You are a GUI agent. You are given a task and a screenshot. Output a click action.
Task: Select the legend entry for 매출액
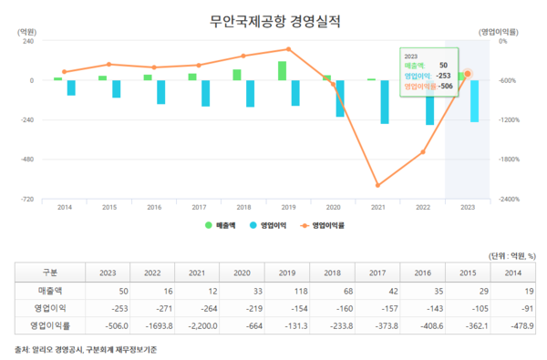(x=222, y=224)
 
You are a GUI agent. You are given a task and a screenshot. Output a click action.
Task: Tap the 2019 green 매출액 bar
(x=282, y=71)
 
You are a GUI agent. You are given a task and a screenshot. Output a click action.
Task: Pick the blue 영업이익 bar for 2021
(x=384, y=101)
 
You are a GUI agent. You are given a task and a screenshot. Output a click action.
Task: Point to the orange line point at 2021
(x=377, y=185)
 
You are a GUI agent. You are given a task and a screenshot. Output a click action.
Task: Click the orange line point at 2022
(x=422, y=152)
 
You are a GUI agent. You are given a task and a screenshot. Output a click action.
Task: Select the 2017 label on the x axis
(x=199, y=208)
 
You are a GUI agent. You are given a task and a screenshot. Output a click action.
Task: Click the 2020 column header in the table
(x=242, y=272)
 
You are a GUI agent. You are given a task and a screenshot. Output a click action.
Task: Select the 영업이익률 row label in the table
(x=51, y=324)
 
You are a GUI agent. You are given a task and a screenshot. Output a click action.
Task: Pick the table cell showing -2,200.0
(x=197, y=324)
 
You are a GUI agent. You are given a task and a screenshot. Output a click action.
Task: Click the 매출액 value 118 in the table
(x=286, y=289)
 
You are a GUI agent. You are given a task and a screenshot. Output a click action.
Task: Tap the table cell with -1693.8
(x=152, y=324)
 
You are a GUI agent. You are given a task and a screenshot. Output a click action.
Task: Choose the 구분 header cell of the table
(x=51, y=272)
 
